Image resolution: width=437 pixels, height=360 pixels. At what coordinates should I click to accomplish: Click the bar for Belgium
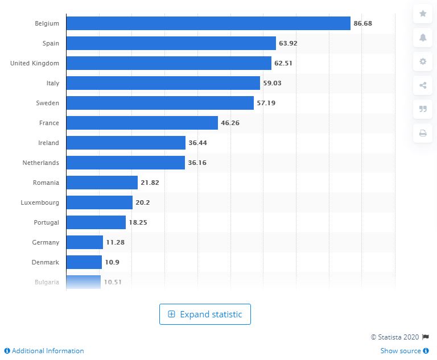tap(208, 23)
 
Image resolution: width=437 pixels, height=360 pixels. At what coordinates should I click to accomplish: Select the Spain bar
tap(171, 43)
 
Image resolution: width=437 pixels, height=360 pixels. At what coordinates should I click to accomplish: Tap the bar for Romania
tap(102, 183)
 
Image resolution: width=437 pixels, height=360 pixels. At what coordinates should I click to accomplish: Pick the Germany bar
tap(84, 242)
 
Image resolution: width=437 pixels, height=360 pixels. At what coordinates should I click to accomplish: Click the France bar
tap(142, 123)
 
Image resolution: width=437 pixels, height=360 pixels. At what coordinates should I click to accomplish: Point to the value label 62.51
tap(283, 63)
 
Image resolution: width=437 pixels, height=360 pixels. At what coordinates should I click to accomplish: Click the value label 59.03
tap(272, 83)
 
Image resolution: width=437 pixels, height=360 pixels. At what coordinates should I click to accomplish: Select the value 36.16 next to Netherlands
tap(197, 163)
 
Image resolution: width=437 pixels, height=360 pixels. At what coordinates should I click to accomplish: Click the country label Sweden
tap(48, 103)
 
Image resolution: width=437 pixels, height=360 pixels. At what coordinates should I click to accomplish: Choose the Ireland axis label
tap(48, 143)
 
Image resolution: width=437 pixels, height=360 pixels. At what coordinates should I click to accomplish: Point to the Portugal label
tap(46, 222)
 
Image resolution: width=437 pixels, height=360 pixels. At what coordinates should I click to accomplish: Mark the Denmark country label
tap(46, 262)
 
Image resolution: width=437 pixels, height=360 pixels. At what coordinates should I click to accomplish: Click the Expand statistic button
tap(205, 315)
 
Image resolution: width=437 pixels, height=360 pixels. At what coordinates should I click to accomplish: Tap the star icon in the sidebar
tap(423, 14)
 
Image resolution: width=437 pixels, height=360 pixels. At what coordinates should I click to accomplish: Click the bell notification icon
tap(423, 38)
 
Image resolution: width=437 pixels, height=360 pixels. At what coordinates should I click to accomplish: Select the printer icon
tap(423, 134)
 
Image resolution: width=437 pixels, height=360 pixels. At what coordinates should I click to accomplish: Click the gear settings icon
tap(423, 61)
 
